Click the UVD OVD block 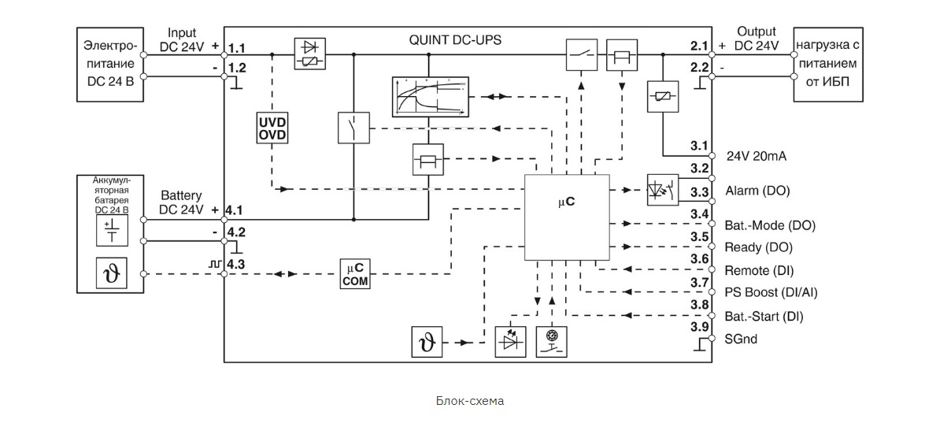pos(272,128)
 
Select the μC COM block pos(355,274)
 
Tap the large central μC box pos(567,217)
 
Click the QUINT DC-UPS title pos(455,40)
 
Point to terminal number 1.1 pos(236,48)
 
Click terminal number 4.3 pos(235,264)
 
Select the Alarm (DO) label pos(757,191)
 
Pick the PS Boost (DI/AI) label pos(771,292)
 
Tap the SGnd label pos(741,339)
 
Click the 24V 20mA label pos(756,156)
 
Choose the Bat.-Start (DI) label pos(764,317)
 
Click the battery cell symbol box pos(112,231)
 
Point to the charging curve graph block pos(431,97)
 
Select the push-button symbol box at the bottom pos(552,342)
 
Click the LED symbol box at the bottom pos(510,342)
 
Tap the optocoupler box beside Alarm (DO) pos(663,190)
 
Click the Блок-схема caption pos(470,400)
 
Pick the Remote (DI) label pos(759,270)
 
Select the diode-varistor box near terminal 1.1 pos(310,54)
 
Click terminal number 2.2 pos(699,68)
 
